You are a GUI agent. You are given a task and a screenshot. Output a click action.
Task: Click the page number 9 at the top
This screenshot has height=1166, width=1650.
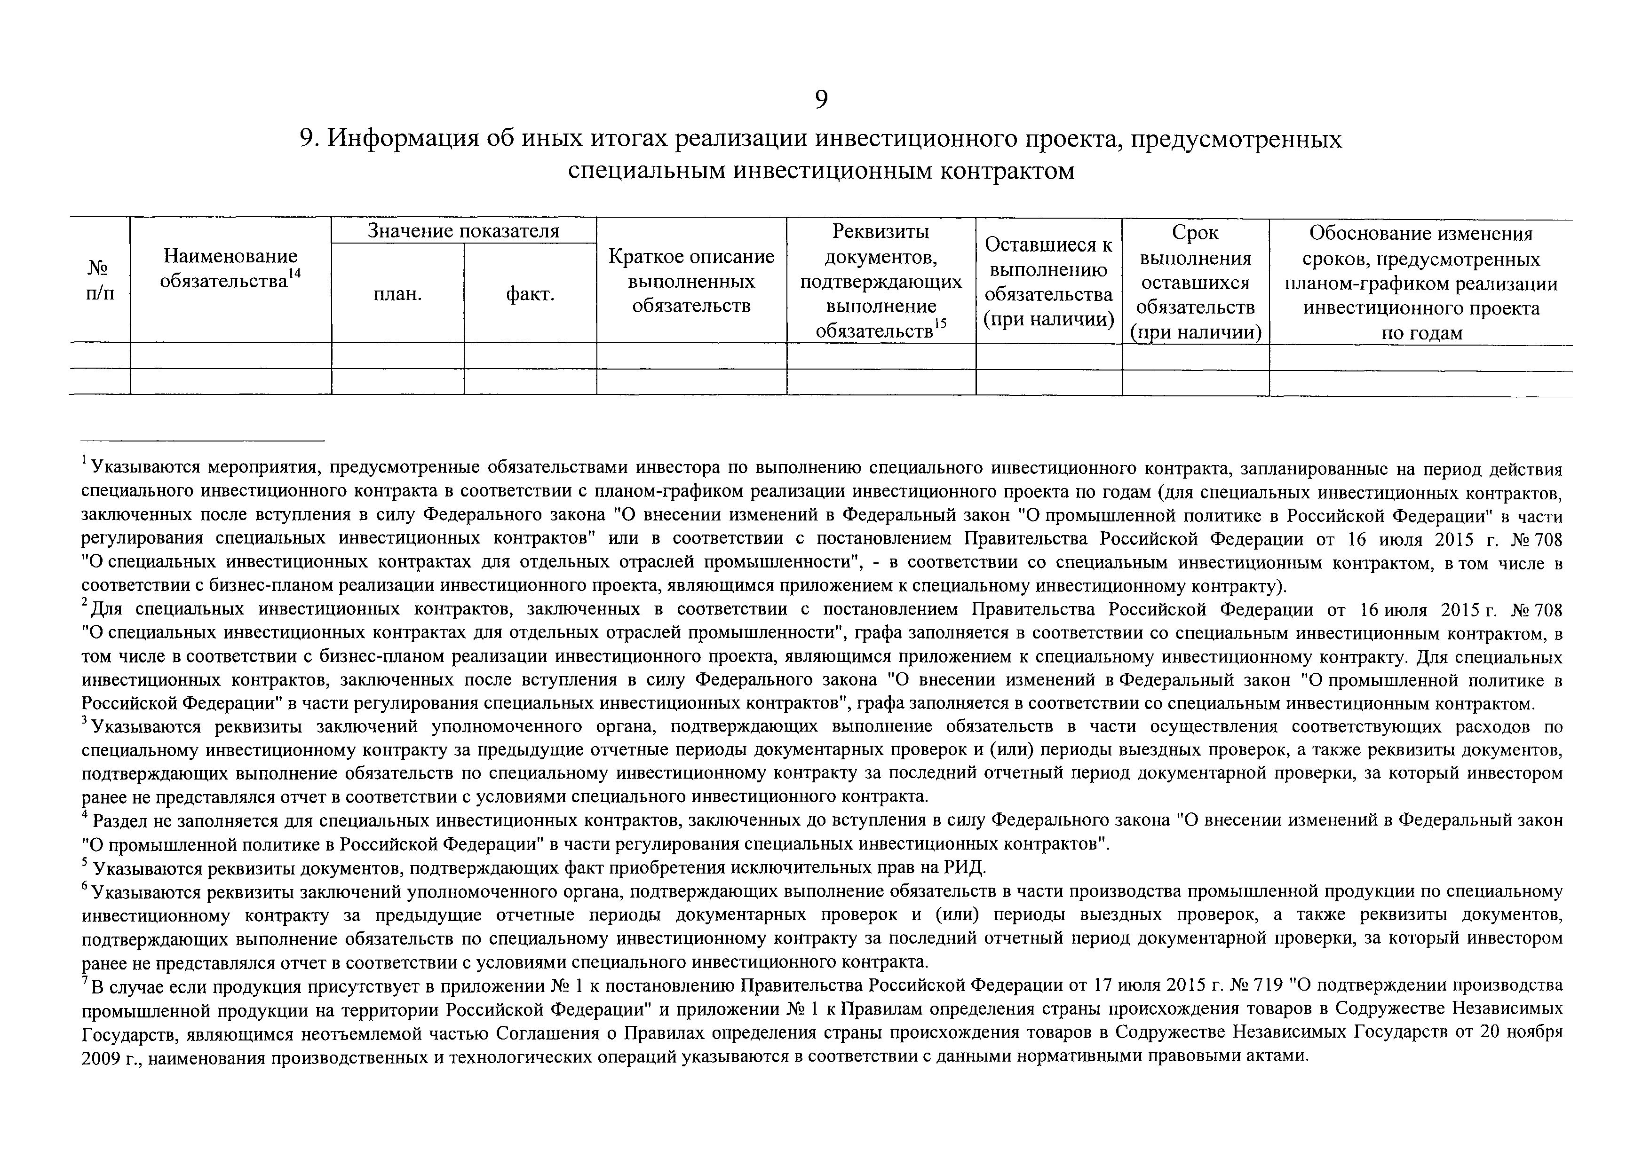pyautogui.click(x=821, y=100)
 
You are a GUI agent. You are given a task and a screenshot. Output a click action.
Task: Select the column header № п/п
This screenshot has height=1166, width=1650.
pyautogui.click(x=99, y=281)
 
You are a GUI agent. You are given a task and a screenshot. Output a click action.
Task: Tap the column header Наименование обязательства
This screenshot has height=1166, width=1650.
pyautogui.click(x=230, y=268)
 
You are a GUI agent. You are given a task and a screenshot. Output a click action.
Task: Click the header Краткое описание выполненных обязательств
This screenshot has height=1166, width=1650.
pyautogui.click(x=691, y=281)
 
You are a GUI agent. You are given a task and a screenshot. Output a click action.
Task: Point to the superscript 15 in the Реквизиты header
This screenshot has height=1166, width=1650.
pyautogui.click(x=941, y=323)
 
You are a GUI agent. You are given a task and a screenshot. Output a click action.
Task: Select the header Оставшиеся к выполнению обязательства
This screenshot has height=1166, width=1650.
pyautogui.click(x=1048, y=282)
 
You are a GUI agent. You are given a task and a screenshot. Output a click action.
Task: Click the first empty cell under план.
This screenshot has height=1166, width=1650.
pyautogui.click(x=397, y=355)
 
